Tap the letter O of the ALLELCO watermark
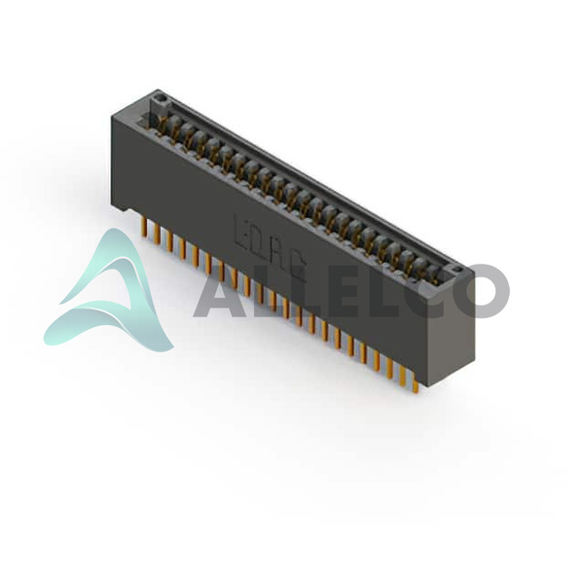pyautogui.click(x=482, y=291)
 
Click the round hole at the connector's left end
pyautogui.click(x=161, y=98)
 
